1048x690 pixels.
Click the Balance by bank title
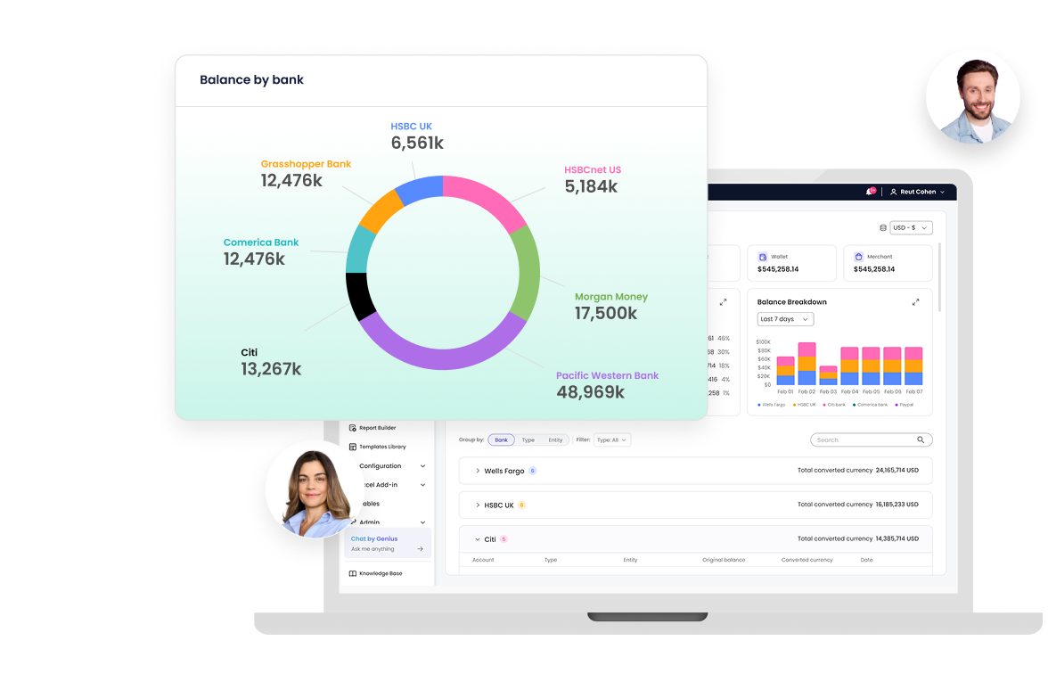pyautogui.click(x=251, y=80)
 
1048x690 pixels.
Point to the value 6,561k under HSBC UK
pyautogui.click(x=417, y=143)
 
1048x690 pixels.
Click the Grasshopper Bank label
pyautogui.click(x=306, y=164)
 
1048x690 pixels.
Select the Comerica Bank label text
pyautogui.click(x=261, y=242)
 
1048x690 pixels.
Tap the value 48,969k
pyautogui.click(x=591, y=391)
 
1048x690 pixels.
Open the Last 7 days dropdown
pyautogui.click(x=785, y=319)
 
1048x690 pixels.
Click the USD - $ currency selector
pyautogui.click(x=911, y=228)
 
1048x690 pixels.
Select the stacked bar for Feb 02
pyautogui.click(x=806, y=364)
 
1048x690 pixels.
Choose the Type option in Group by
pyautogui.click(x=528, y=439)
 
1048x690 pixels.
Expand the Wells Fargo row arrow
pyautogui.click(x=478, y=471)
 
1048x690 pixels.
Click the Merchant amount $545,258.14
pyautogui.click(x=874, y=269)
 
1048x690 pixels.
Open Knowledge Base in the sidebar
pyautogui.click(x=381, y=573)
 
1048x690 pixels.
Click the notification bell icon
pyautogui.click(x=870, y=192)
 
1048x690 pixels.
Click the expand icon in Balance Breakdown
pyautogui.click(x=915, y=302)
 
